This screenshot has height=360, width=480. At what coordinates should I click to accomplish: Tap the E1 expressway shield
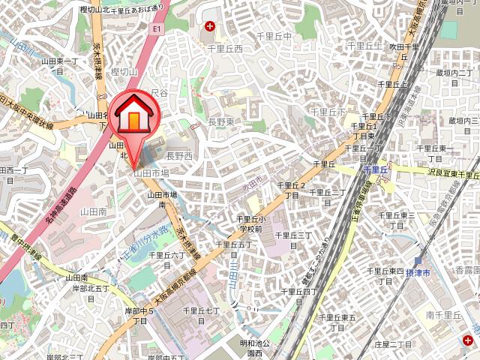point(157,28)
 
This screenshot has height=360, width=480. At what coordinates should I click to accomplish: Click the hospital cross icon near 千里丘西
point(209,27)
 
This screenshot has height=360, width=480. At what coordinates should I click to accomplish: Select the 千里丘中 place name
point(274,36)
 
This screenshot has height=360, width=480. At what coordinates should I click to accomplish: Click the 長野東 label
point(221,121)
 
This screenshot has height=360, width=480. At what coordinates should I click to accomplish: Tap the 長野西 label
point(179,155)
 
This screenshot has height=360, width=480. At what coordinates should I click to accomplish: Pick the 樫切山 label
point(124,71)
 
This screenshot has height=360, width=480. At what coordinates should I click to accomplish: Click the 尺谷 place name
point(159,92)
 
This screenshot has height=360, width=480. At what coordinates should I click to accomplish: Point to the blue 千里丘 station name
point(373,170)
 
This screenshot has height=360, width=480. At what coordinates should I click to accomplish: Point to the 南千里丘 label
point(440,315)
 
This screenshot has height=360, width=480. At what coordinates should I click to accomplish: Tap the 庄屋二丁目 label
point(391,343)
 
